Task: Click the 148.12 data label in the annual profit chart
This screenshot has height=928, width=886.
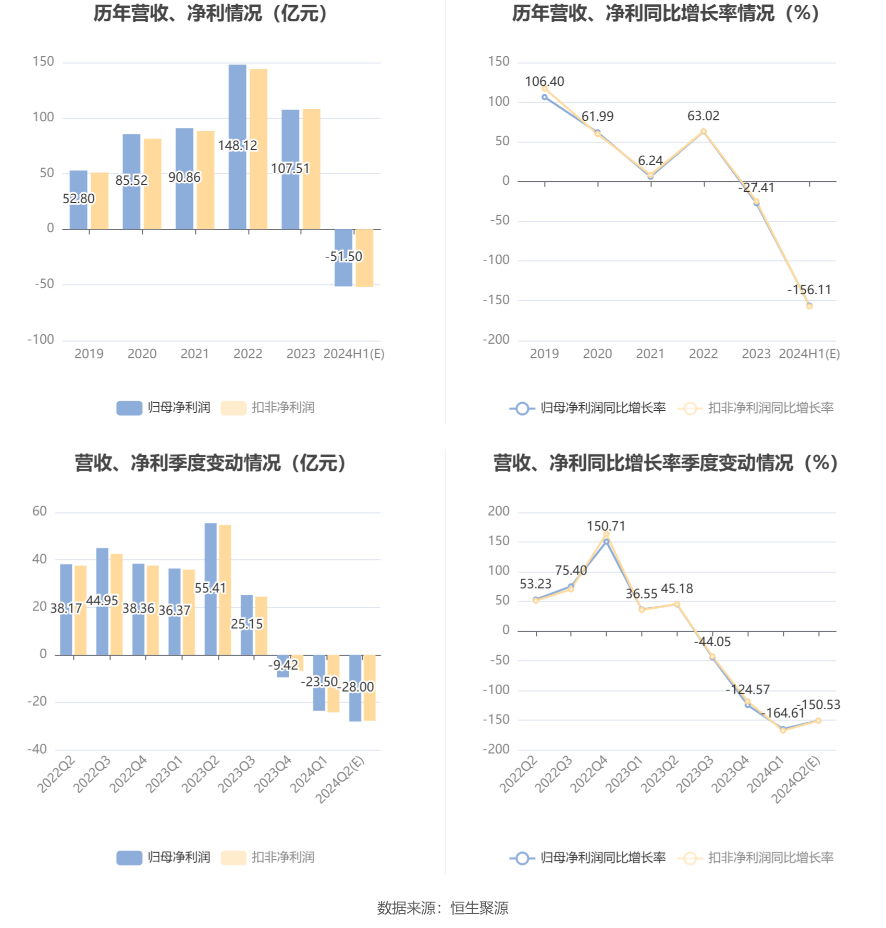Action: pos(238,145)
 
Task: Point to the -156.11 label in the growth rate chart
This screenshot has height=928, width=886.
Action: pos(809,290)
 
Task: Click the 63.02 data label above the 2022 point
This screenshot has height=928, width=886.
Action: pos(703,116)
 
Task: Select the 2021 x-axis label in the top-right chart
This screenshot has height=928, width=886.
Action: pos(650,354)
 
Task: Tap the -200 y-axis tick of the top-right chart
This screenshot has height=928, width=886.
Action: pos(496,340)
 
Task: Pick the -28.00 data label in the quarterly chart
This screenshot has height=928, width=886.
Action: pos(358,687)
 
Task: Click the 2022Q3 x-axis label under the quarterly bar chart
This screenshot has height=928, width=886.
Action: pos(92,775)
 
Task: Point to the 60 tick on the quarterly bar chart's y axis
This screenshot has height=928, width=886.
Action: pos(40,511)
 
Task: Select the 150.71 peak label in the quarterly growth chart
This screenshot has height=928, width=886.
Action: pos(606,526)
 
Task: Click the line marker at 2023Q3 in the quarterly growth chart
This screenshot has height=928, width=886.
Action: pos(712,657)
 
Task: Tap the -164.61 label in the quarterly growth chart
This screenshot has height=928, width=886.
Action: pos(782,713)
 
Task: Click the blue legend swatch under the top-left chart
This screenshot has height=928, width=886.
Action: pos(129,408)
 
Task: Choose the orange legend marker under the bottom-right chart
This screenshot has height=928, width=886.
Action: pos(690,858)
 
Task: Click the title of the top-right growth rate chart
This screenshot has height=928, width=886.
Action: pos(666,14)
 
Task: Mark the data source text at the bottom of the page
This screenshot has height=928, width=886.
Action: pos(442,908)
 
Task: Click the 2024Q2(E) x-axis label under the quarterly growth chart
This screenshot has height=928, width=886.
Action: pos(795,780)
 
